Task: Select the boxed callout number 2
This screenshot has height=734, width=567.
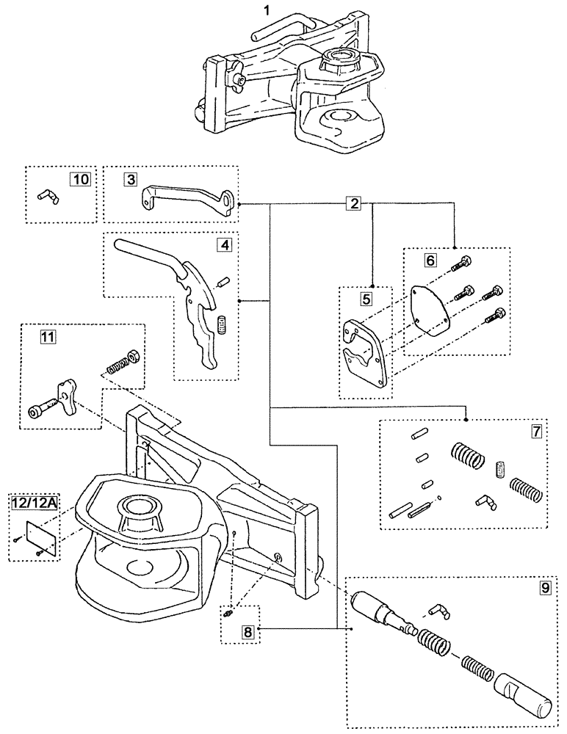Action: coord(355,203)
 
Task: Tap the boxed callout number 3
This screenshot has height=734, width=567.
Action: coord(130,178)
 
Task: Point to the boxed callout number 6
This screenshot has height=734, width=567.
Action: coord(430,261)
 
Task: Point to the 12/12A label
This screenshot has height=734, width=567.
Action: coord(34,503)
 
